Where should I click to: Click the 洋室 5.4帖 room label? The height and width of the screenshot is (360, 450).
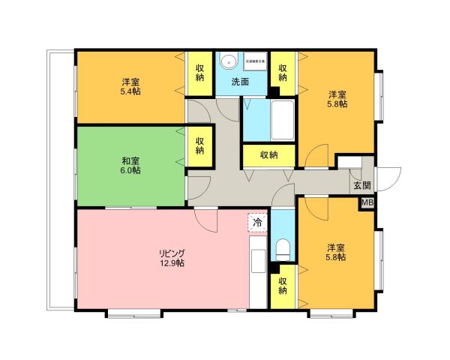click(x=130, y=86)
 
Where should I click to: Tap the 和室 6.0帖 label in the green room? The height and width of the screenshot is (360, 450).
click(x=130, y=166)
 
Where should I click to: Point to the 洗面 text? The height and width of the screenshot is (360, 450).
click(x=240, y=81)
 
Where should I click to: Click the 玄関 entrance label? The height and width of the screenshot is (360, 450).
click(x=361, y=184)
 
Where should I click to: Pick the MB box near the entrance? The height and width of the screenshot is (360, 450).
click(x=367, y=202)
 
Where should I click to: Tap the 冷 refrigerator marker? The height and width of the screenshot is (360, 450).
click(x=257, y=222)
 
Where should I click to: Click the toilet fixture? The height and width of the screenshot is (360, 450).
click(x=283, y=248)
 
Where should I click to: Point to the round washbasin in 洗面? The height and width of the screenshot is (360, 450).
click(x=229, y=62)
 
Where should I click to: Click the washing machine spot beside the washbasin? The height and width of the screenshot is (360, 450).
click(x=254, y=62)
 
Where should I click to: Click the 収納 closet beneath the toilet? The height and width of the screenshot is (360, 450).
click(x=283, y=286)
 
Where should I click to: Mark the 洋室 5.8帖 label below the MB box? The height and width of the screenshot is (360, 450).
click(x=336, y=252)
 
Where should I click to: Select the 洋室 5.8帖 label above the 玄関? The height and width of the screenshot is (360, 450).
click(x=337, y=100)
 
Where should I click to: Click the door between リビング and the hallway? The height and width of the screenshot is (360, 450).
click(x=204, y=218)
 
